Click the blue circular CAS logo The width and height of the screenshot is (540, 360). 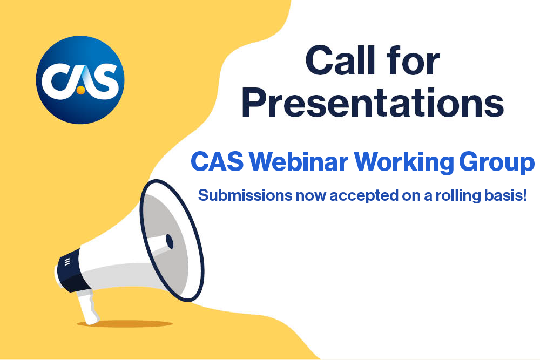pyautogui.click(x=80, y=80)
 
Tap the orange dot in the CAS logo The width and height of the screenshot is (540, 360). pyautogui.click(x=80, y=91)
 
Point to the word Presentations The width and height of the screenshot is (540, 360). pyautogui.click(x=373, y=103)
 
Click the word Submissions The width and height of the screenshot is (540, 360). pyautogui.click(x=245, y=195)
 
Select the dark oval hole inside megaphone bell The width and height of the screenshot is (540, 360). pyautogui.click(x=170, y=241)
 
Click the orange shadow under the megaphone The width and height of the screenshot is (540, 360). pyautogui.click(x=124, y=323)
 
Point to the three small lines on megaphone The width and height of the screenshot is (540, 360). pyautogui.click(x=67, y=262)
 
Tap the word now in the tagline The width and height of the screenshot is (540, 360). pyautogui.click(x=310, y=196)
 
